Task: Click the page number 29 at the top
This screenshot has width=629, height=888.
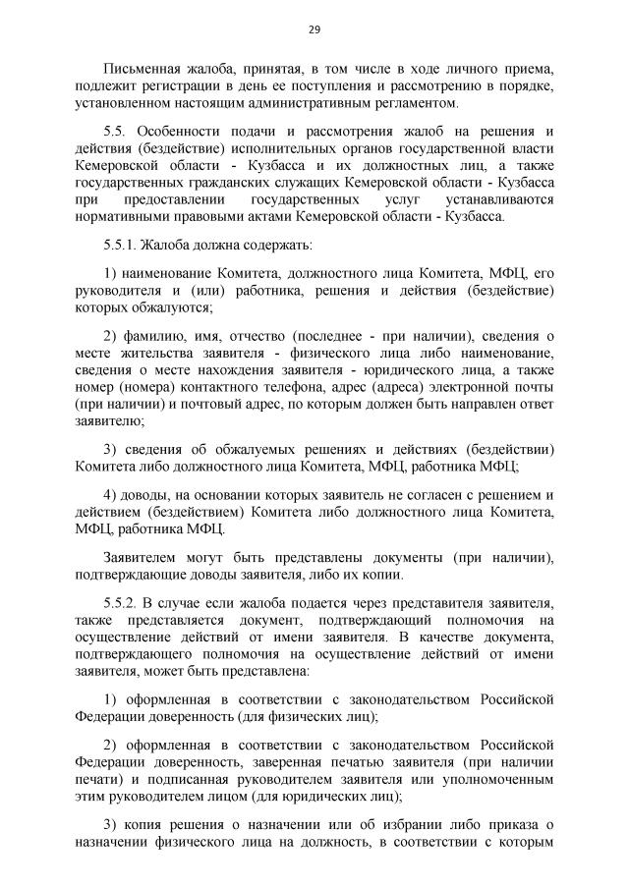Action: click(314, 28)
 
